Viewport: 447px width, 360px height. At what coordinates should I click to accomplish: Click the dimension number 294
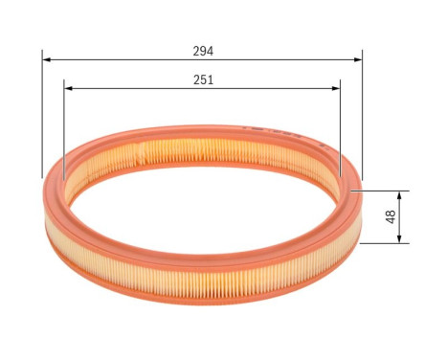202,51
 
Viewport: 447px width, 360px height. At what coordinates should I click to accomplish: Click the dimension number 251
202,80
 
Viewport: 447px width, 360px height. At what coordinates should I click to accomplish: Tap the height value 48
391,216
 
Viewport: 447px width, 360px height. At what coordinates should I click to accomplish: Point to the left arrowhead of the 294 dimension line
45,59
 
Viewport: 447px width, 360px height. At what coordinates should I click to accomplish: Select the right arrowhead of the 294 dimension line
359,59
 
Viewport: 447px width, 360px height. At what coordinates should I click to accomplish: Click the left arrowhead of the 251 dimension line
67,89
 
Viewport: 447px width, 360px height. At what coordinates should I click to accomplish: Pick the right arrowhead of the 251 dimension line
338,89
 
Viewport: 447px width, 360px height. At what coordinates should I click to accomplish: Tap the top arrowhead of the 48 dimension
401,193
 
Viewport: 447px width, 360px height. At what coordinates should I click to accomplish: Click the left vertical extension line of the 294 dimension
42,115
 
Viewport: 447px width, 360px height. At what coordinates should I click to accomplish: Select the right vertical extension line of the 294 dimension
363,115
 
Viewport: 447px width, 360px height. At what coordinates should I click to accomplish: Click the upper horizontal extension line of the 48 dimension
383,190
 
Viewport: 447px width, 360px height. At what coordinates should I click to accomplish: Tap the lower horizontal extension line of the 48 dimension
383,243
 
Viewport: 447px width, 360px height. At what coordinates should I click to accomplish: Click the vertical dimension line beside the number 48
401,216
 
